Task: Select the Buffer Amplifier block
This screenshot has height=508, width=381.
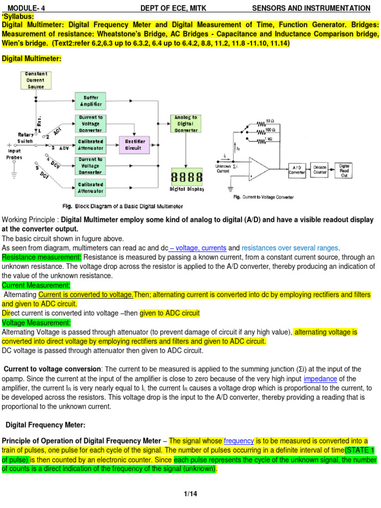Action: click(90, 100)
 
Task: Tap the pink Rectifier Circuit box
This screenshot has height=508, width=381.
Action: click(133, 144)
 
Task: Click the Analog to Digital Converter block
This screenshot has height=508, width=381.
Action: click(186, 124)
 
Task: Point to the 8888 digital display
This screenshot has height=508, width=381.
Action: click(187, 177)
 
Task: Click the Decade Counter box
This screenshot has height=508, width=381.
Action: click(320, 170)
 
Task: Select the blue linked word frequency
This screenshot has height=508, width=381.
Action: click(239, 441)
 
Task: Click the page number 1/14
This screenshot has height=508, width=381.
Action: click(190, 494)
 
